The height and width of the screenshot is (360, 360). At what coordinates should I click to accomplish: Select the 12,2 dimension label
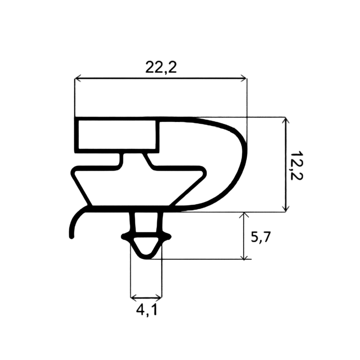pyautogui.click(x=296, y=165)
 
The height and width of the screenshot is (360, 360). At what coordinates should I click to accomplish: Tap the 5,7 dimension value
pyautogui.click(x=260, y=237)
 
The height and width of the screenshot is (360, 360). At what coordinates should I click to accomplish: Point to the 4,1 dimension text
pyautogui.click(x=147, y=310)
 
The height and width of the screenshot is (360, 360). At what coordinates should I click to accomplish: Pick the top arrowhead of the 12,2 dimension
pyautogui.click(x=285, y=121)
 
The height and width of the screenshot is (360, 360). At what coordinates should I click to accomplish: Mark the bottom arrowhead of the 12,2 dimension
pyautogui.click(x=285, y=208)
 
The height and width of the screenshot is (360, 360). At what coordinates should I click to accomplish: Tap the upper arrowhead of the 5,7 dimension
pyautogui.click(x=244, y=216)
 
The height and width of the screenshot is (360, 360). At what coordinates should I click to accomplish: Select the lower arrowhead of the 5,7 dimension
pyautogui.click(x=244, y=256)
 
